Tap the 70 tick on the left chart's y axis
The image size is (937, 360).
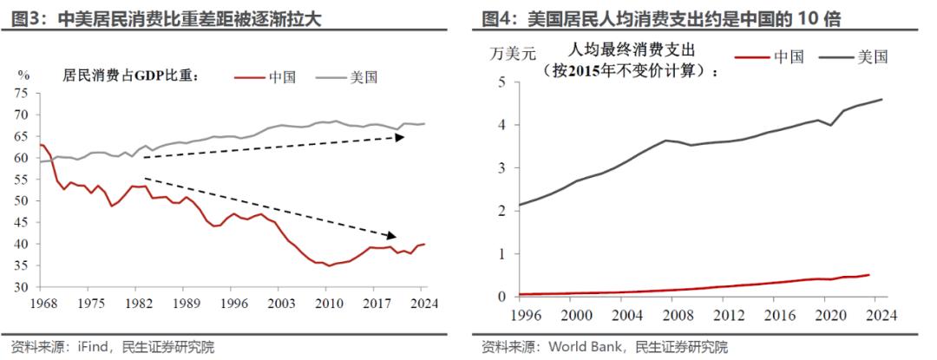click(x=23, y=115)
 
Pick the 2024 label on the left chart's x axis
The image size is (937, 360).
click(x=423, y=304)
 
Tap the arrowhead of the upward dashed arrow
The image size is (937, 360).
click(x=402, y=136)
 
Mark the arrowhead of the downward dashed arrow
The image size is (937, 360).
click(x=391, y=235)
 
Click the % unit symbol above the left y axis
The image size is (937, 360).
click(x=24, y=75)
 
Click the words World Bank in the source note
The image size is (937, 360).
click(x=584, y=348)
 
